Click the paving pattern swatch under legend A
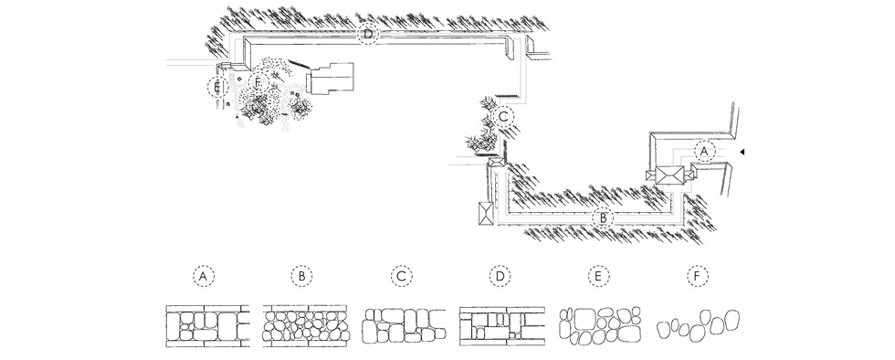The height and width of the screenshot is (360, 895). [x=207, y=325]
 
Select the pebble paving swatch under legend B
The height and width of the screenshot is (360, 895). [x=305, y=325]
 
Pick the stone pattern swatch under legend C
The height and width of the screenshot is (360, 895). [x=404, y=325]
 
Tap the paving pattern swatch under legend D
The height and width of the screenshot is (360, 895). [x=501, y=325]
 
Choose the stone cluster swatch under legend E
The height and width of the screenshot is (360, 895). [x=600, y=325]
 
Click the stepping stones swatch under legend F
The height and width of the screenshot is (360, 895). [x=698, y=325]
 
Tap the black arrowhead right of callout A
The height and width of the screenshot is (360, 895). [x=742, y=152]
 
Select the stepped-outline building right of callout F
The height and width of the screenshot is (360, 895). [x=331, y=79]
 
